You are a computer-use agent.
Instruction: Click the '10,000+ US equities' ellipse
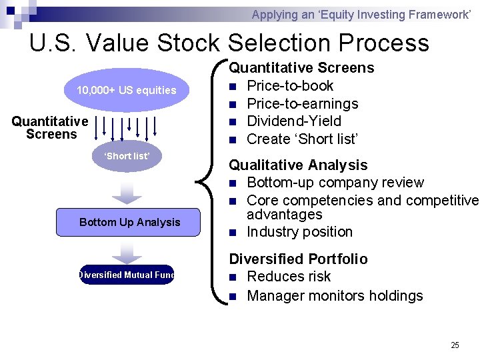tap(127, 90)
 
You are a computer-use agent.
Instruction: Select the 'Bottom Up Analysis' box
tap(129, 222)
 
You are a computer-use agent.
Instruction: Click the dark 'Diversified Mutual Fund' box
tap(126, 275)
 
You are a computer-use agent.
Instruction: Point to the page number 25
tap(455, 345)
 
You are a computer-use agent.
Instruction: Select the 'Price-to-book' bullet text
tap(290, 86)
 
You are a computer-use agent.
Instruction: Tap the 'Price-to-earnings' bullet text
tap(302, 103)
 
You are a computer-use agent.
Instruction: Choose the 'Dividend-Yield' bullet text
tap(293, 121)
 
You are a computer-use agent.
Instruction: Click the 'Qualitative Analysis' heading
tap(298, 165)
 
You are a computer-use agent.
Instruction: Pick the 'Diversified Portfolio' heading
tap(298, 259)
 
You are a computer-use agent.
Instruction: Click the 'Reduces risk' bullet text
tap(289, 277)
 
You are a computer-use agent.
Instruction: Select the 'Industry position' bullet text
tap(299, 232)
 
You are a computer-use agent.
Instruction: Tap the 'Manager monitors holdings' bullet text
tap(335, 295)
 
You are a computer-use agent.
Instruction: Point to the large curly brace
tap(213, 180)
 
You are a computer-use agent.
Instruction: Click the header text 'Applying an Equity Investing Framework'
tap(361, 14)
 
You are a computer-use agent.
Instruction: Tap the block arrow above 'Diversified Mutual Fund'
tap(127, 251)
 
